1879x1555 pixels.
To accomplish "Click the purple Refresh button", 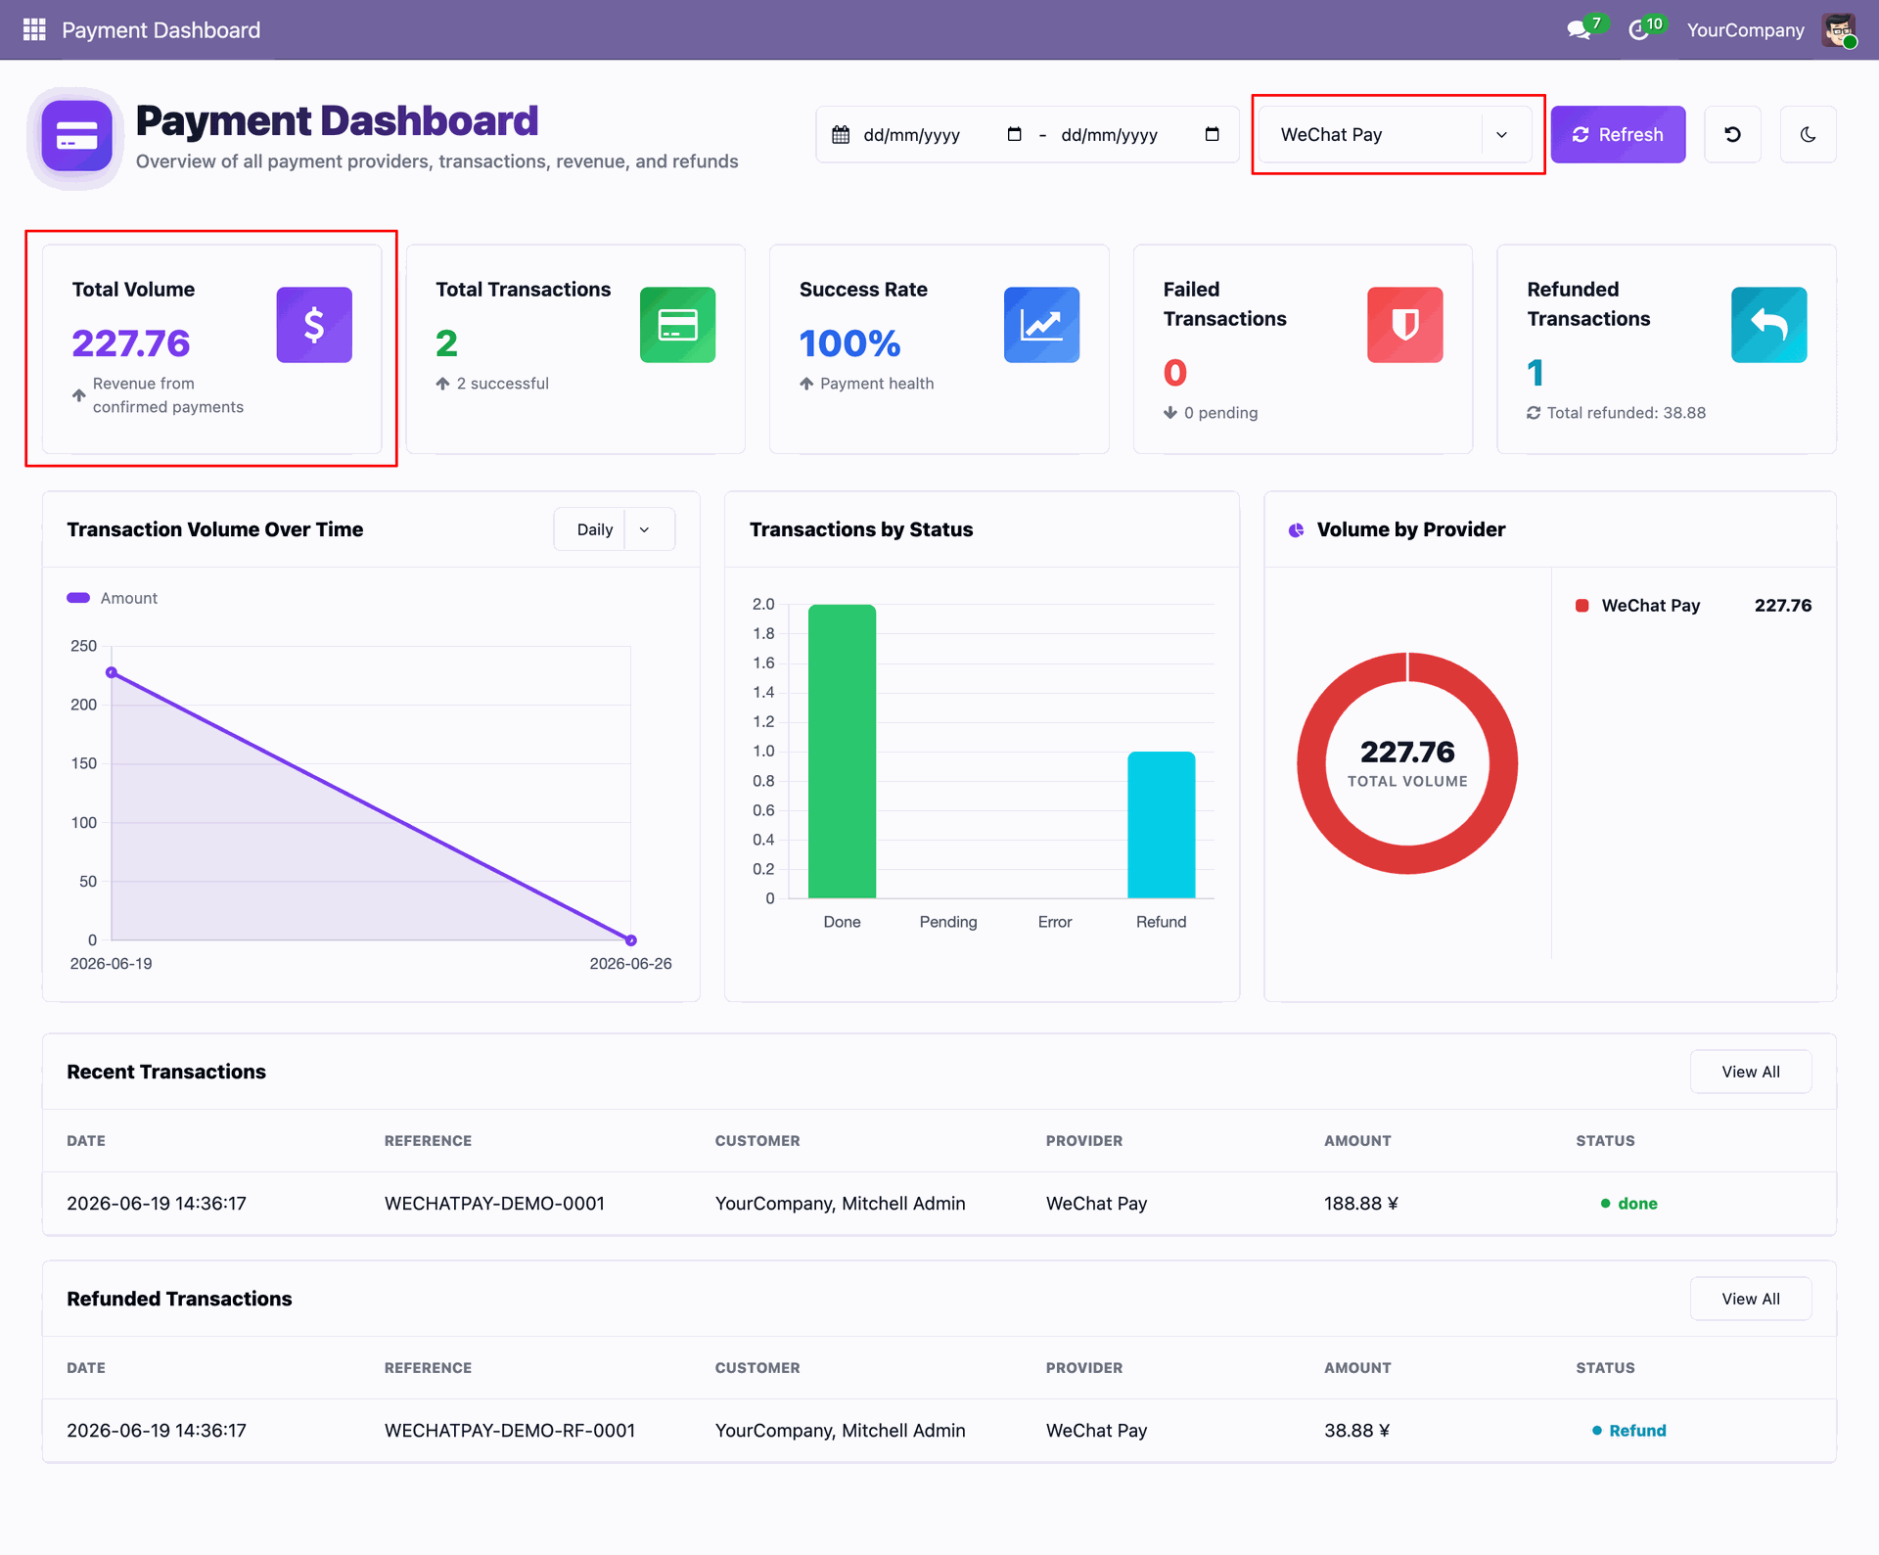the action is click(1618, 134).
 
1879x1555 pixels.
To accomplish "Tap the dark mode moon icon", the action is click(1808, 134).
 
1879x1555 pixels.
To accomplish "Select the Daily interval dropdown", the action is click(614, 529).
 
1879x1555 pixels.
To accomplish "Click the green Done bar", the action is click(842, 752).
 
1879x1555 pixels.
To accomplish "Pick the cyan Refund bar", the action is click(1161, 825).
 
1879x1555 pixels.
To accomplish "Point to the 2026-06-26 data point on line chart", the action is click(631, 940).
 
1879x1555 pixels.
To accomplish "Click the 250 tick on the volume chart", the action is click(84, 646).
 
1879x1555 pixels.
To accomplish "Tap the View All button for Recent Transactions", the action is click(1751, 1072).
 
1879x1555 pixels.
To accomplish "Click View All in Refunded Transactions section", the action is click(1751, 1299).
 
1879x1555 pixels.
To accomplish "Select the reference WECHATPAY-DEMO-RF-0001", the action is click(510, 1431).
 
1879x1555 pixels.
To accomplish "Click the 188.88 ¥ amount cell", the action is click(1361, 1204).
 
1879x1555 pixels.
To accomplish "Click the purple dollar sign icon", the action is click(314, 325).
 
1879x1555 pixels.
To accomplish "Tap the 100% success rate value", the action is click(849, 343).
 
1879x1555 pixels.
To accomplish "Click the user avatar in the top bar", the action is click(1839, 30).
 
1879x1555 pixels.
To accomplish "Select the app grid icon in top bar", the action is click(34, 29).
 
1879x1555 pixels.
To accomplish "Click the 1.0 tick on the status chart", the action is click(763, 752).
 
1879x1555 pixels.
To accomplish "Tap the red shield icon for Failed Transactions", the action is click(1405, 325).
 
